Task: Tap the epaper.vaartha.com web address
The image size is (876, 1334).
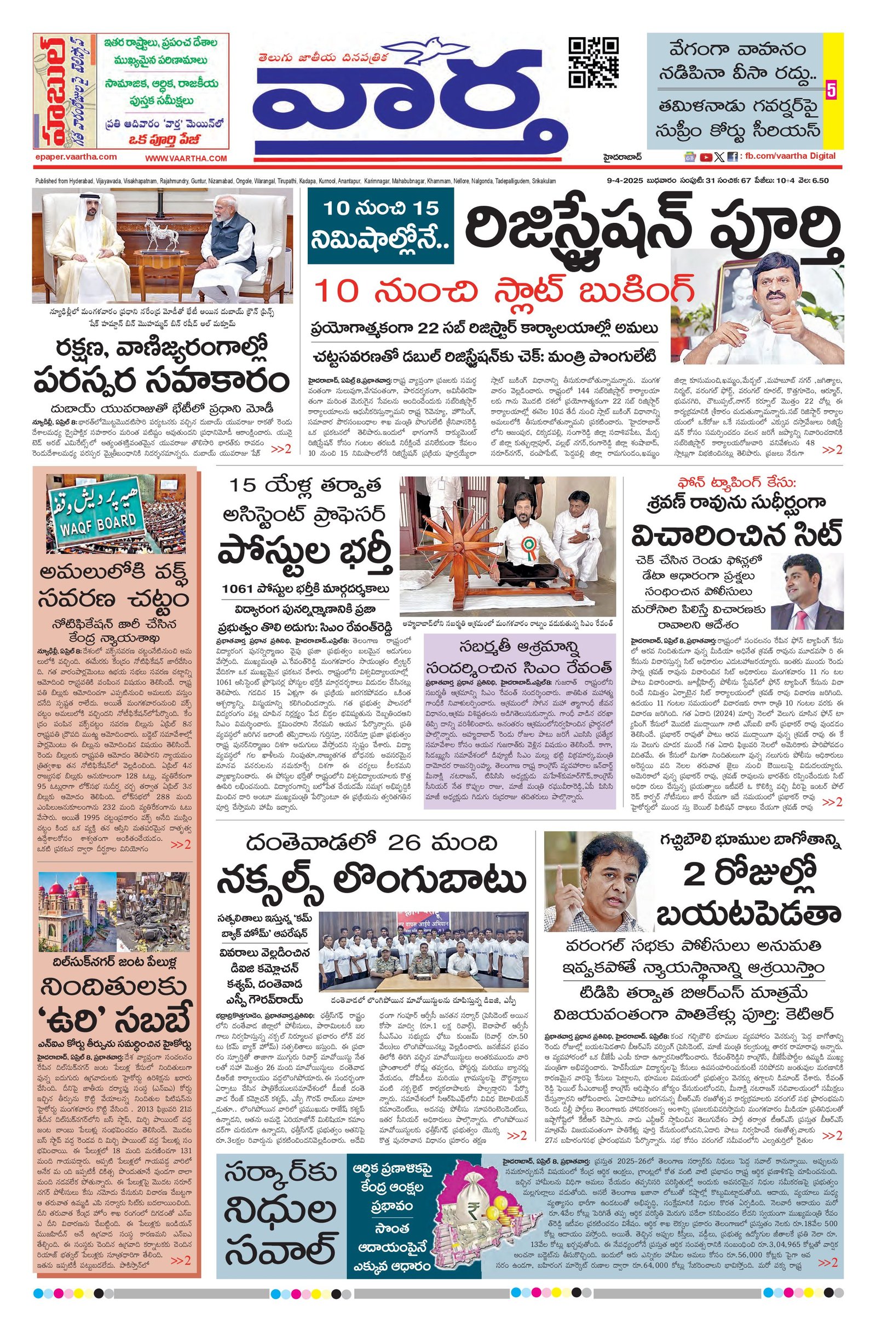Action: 75,158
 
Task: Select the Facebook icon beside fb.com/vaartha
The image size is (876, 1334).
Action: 732,158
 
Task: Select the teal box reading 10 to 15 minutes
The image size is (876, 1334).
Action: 380,227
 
